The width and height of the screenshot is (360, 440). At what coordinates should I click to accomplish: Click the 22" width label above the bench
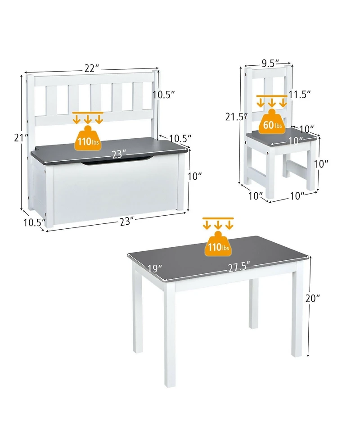91,68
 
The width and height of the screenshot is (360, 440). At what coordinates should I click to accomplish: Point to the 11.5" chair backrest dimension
300,95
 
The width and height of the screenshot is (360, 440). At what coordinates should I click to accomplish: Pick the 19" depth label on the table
154,269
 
